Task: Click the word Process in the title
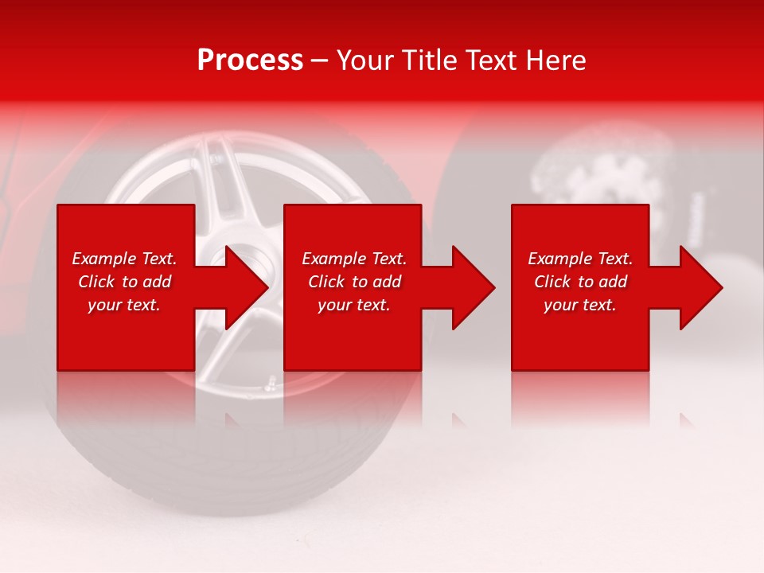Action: click(x=250, y=60)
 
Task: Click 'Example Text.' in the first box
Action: click(x=124, y=259)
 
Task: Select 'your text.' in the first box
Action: click(x=124, y=305)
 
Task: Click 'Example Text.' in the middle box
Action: click(x=354, y=259)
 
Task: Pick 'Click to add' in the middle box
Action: click(x=354, y=282)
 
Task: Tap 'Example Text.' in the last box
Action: click(x=580, y=259)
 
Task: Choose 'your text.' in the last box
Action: click(x=580, y=305)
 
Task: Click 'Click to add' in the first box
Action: click(x=124, y=282)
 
